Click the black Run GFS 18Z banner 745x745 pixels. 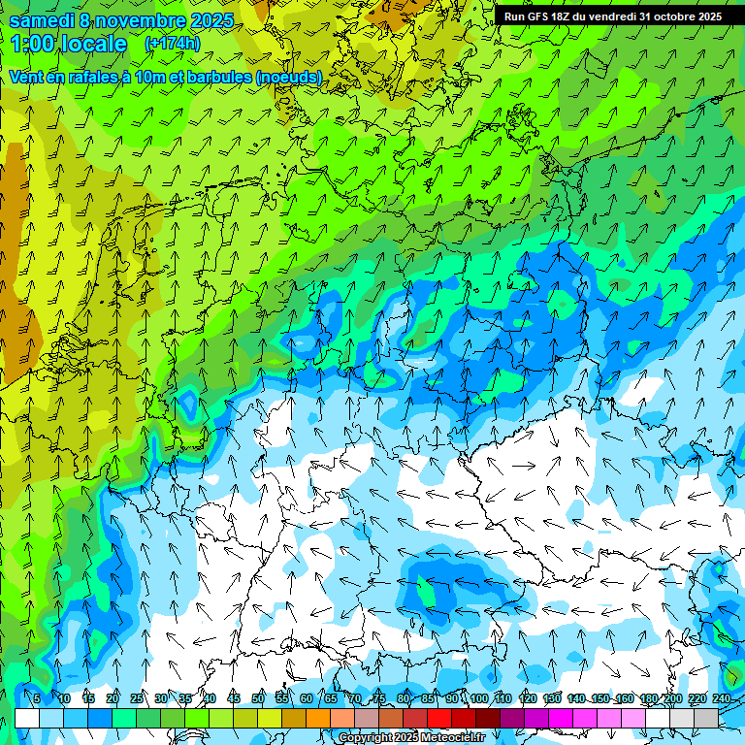[612, 16]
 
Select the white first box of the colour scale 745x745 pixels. [27, 718]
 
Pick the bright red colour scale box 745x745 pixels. [439, 718]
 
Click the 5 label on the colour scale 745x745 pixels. [37, 699]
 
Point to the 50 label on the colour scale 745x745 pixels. [258, 699]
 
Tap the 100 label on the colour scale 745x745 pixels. [479, 699]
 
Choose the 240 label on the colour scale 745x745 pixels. [722, 699]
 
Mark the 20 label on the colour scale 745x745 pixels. [113, 699]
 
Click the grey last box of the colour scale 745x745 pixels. [706, 718]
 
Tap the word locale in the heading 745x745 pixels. [92, 44]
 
